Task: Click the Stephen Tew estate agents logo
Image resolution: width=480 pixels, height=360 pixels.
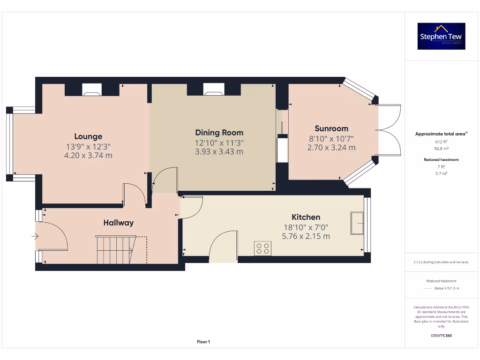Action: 442,36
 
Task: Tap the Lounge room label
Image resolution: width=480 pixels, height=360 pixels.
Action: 88,136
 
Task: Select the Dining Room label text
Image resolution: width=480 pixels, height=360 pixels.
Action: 219,133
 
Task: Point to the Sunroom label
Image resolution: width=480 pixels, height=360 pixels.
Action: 331,128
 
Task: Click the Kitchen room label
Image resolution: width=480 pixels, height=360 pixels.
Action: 306,217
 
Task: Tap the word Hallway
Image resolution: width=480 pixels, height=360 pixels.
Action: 119,223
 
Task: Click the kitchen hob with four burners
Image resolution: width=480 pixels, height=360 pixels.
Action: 262,248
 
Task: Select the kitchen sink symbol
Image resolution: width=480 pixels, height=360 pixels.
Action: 357,223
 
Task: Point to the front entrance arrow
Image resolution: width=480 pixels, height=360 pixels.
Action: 35,236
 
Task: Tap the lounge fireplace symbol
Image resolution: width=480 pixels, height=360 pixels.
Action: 92,90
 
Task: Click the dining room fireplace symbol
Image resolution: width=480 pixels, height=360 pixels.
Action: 213,90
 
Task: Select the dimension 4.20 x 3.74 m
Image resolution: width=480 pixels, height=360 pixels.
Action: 88,156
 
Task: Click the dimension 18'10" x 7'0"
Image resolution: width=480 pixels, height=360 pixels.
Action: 306,227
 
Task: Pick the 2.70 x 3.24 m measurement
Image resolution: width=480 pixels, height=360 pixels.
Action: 331,148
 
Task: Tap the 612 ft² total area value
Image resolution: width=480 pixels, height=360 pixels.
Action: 441,142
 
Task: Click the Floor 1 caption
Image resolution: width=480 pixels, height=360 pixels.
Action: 203,342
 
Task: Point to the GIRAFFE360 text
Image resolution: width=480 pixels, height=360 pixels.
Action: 441,336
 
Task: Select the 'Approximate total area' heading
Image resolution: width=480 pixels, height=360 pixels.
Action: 441,134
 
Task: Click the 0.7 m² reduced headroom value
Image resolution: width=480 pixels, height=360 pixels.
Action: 441,173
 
